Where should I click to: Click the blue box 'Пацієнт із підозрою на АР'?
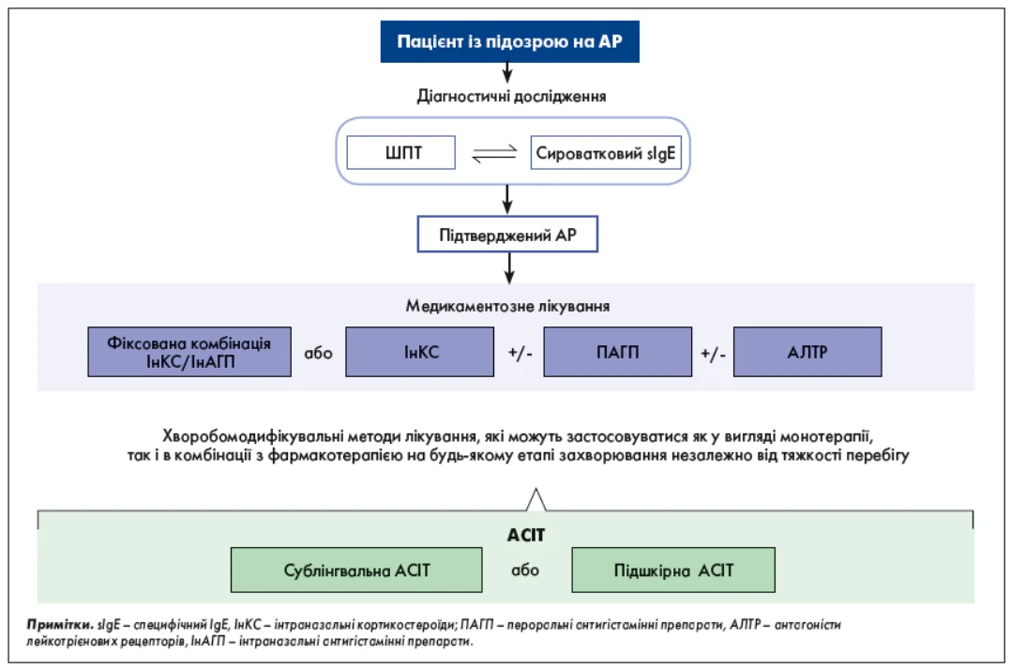pos(509,41)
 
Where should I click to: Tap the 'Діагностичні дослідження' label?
pos(511,97)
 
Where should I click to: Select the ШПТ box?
pos(400,153)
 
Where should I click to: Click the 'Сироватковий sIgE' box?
pos(606,153)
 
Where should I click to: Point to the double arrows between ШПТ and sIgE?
pos(494,153)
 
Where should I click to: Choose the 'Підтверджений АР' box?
pos(507,234)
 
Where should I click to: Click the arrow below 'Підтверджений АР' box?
pos(509,267)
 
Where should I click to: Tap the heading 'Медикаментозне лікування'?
pos(507,306)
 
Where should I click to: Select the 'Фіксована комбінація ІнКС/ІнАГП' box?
pos(189,352)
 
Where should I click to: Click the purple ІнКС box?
pos(420,352)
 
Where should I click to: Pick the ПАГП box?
pos(618,352)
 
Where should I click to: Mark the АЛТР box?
pos(807,352)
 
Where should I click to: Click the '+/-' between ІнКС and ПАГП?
pos(520,353)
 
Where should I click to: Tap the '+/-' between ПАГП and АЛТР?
pos(713,353)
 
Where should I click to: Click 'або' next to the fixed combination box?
pos(318,353)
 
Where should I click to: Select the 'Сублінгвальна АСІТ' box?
pos(356,570)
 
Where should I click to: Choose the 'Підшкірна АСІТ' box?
pos(673,570)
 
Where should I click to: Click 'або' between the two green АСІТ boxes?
pos(525,570)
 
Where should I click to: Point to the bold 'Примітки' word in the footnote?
pos(60,625)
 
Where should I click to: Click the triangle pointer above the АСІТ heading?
pos(535,500)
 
